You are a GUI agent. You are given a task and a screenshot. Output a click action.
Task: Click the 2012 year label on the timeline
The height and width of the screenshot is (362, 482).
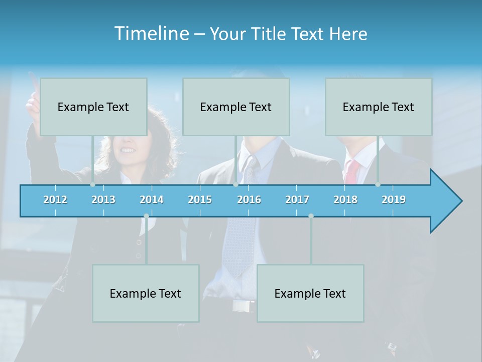click(x=55, y=200)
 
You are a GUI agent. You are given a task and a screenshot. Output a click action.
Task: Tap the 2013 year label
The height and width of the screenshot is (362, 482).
click(x=103, y=200)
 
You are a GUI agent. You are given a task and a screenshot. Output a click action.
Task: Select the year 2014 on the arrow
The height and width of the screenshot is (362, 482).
click(x=152, y=200)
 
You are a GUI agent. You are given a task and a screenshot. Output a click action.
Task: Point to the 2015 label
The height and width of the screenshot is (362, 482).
click(x=200, y=200)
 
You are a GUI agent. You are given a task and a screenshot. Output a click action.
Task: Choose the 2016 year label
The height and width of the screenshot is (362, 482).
click(x=249, y=200)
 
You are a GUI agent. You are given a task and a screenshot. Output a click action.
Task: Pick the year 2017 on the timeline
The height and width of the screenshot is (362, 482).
click(x=297, y=200)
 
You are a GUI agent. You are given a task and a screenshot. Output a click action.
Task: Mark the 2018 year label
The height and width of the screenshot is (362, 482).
click(x=345, y=200)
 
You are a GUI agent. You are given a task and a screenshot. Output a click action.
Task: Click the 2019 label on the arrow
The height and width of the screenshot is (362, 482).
click(x=394, y=200)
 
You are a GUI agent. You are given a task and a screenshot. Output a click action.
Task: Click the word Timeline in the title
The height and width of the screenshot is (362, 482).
click(x=151, y=34)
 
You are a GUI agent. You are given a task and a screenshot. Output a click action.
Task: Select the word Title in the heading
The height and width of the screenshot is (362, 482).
click(x=270, y=34)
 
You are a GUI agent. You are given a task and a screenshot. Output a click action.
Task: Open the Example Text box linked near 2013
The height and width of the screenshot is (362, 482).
click(x=93, y=107)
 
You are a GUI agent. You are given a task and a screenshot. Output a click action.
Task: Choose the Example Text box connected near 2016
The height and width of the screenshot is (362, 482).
click(x=236, y=107)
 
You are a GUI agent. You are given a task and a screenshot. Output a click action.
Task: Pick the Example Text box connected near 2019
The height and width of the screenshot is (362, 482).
click(x=379, y=107)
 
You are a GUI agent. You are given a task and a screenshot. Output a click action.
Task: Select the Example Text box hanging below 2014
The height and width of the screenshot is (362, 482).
click(x=146, y=293)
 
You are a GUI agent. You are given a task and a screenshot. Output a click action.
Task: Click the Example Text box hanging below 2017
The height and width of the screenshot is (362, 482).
click(x=310, y=293)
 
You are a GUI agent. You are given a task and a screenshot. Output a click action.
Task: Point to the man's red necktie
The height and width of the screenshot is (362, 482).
click(x=352, y=171)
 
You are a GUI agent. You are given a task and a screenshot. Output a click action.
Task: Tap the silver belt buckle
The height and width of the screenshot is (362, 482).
click(x=243, y=306)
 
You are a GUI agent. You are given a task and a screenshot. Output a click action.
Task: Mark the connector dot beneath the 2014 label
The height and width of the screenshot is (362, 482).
click(x=146, y=216)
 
